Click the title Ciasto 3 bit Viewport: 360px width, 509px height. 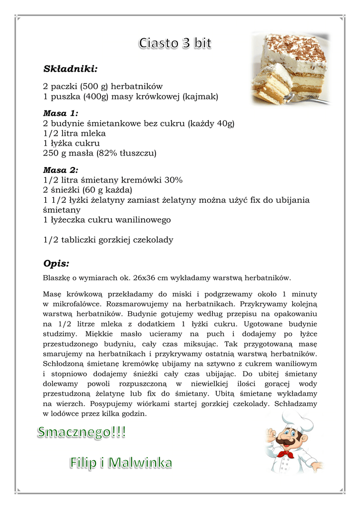(175, 43)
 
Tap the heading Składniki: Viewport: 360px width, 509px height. (70, 68)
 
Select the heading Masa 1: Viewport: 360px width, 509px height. (61, 113)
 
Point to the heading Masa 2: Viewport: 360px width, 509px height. (61, 170)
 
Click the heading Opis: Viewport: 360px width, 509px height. (56, 263)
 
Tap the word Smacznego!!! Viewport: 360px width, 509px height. (82, 433)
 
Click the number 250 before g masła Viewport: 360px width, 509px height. (51, 153)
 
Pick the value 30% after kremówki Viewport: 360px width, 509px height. (173, 180)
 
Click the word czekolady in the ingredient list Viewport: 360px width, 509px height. (153, 240)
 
